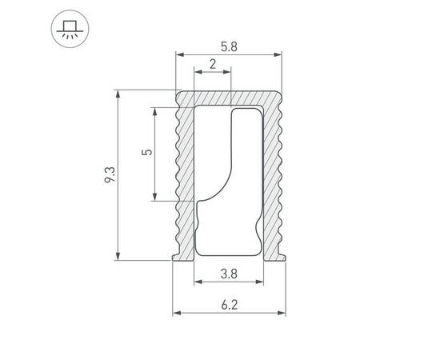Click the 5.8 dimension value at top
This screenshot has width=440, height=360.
229,47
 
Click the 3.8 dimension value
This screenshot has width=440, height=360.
228,273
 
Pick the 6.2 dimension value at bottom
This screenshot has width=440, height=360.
229,304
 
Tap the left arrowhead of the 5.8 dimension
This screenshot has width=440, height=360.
179,56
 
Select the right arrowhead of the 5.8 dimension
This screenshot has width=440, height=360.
279,56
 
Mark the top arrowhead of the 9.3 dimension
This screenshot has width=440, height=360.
118,94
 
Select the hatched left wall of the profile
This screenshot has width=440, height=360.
185,176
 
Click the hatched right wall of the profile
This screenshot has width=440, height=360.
274,176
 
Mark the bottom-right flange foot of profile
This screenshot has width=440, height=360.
281,256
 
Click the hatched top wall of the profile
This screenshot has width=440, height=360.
230,98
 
